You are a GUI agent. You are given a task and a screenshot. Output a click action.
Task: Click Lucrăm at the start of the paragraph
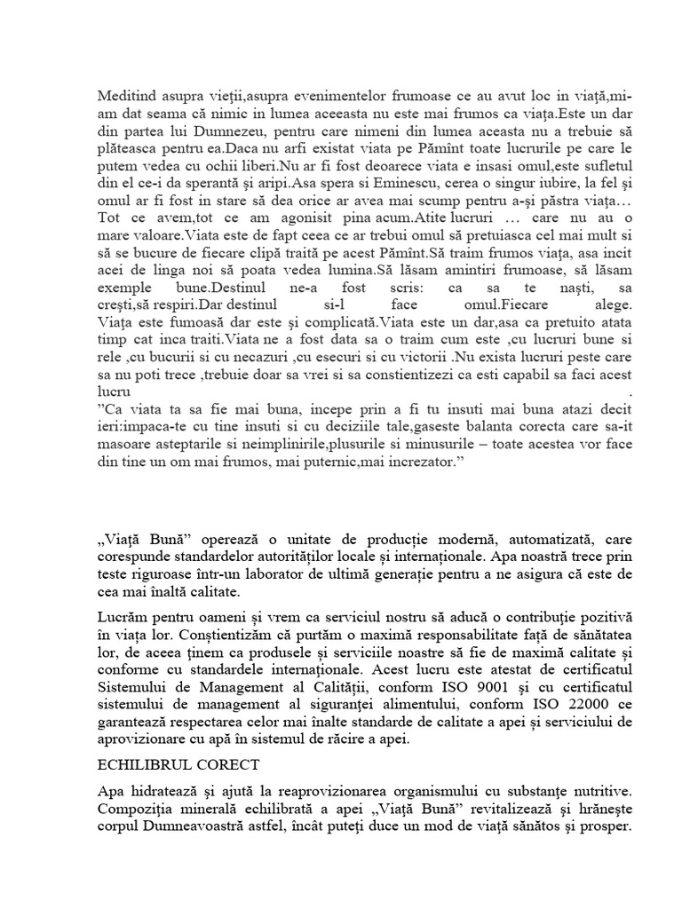119,616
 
